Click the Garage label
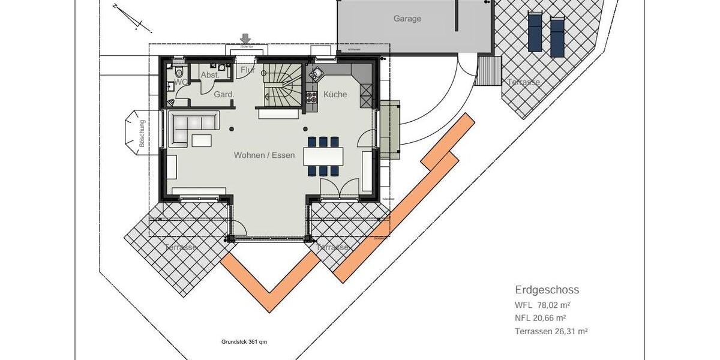407,19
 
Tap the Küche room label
335,94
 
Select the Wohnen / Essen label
265,155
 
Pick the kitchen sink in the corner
315,75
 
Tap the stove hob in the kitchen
311,97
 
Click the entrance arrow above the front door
245,39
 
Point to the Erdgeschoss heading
547,290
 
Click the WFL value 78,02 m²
542,304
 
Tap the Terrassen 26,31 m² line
551,331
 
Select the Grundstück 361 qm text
244,342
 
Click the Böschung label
142,134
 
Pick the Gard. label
224,94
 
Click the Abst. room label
210,75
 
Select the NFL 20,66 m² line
541,318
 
